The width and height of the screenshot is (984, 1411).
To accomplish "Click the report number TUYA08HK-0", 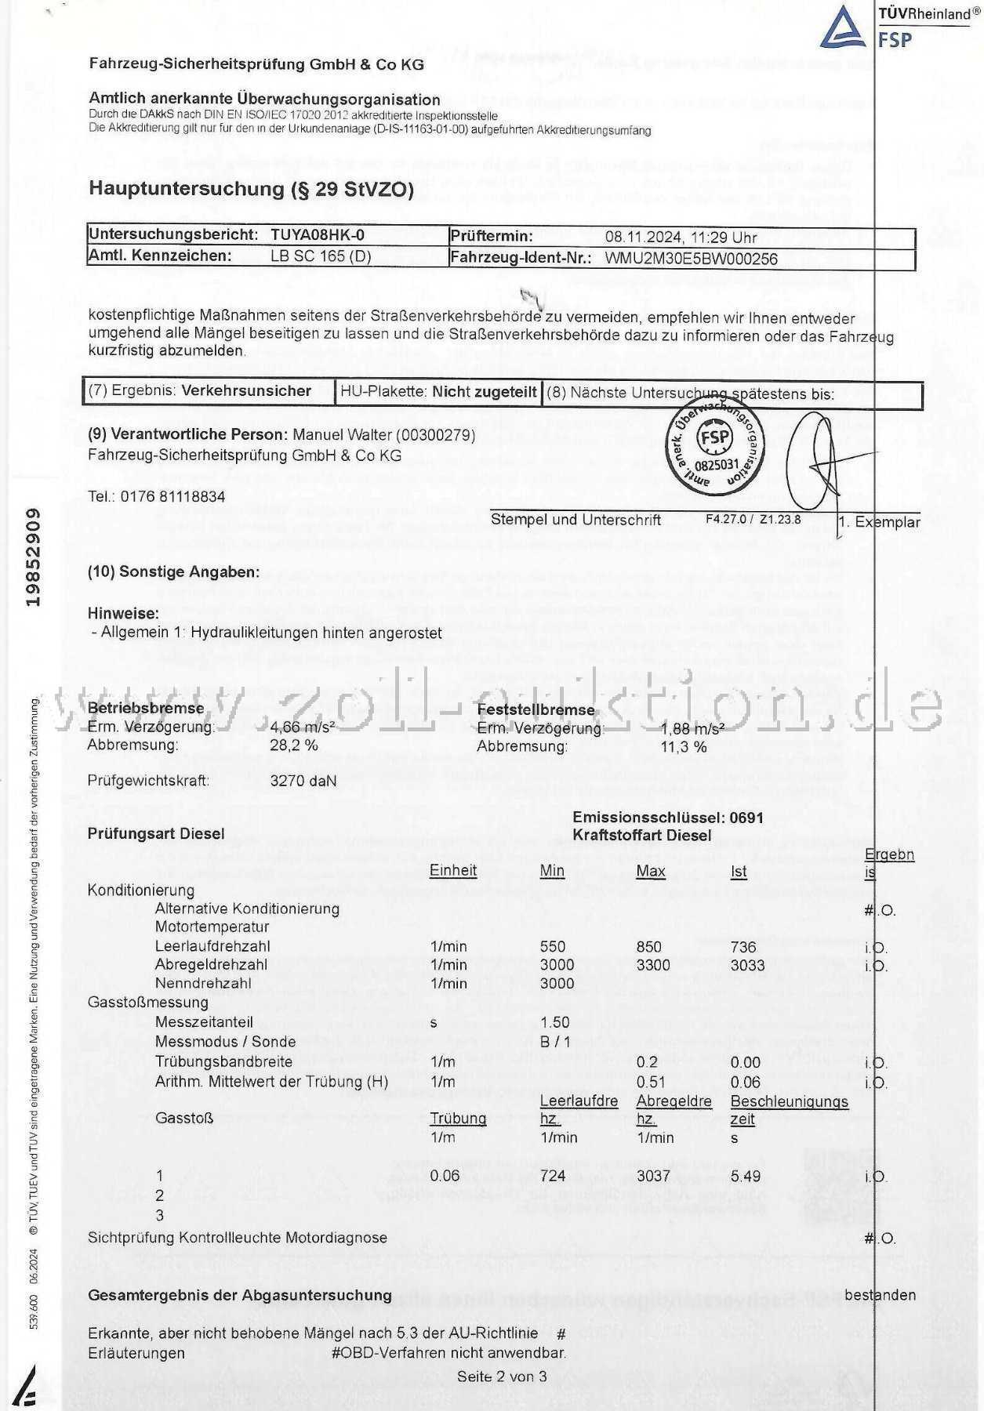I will (x=318, y=234).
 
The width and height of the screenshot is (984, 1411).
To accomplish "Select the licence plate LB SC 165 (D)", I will (x=321, y=256).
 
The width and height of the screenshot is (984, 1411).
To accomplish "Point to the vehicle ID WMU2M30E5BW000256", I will (x=691, y=259).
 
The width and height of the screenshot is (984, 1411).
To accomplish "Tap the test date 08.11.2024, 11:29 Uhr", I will (x=681, y=237).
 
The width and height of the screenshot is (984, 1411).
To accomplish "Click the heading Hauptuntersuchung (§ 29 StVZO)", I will (x=251, y=188).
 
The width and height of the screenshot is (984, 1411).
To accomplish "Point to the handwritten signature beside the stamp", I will (x=815, y=462).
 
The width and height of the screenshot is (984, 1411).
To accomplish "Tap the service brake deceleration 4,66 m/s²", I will (x=302, y=727).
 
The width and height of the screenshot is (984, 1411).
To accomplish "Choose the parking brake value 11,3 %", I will (x=684, y=746).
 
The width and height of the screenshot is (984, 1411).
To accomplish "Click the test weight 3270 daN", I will (x=303, y=781).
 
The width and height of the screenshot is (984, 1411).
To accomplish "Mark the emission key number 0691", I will (x=746, y=818).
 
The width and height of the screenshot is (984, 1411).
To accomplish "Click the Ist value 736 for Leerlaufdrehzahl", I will (x=743, y=947).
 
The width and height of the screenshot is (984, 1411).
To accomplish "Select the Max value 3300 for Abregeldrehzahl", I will (x=653, y=965).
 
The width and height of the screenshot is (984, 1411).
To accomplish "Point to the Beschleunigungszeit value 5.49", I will (x=746, y=1176).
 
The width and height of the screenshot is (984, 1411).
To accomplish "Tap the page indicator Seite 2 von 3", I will (x=502, y=1377).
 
